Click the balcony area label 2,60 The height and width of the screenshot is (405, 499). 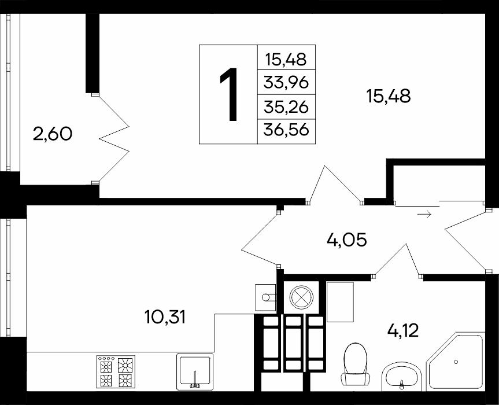(53, 134)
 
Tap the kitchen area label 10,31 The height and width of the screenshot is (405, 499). (165, 317)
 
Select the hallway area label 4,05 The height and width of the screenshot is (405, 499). (347, 240)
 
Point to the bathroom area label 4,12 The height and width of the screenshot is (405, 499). (403, 330)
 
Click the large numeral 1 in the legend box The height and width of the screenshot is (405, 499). (229, 94)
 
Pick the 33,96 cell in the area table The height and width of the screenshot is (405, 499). (286, 83)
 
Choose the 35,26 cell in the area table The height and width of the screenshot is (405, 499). (286, 107)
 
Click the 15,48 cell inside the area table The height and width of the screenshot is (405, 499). (286, 59)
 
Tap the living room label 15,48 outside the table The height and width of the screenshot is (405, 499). (389, 96)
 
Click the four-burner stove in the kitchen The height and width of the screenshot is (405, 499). (116, 371)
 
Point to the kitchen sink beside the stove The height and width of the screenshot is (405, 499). (195, 372)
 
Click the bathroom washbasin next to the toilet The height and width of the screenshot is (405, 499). (401, 378)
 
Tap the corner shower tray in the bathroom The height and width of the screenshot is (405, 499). (456, 362)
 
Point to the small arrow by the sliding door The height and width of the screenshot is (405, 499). (424, 214)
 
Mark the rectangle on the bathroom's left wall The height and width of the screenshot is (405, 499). (340, 302)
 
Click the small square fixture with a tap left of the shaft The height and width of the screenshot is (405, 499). (265, 297)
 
